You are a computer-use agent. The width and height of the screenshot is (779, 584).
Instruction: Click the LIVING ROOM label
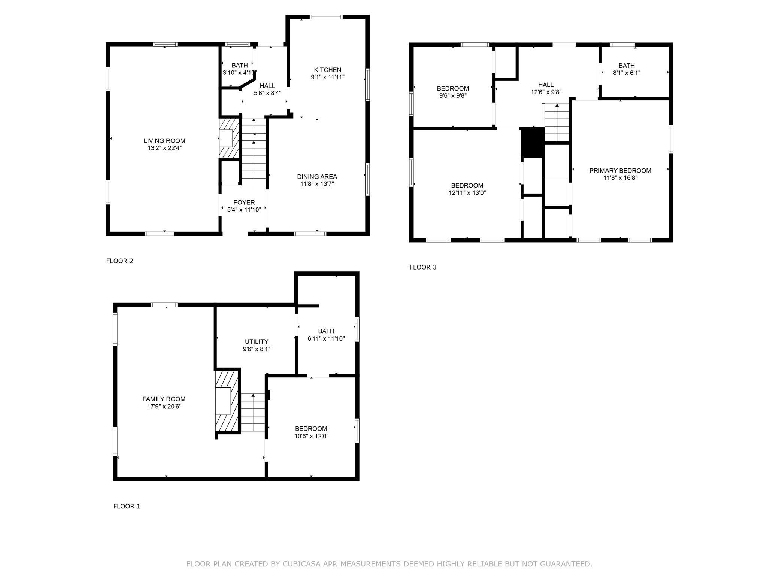pos(164,141)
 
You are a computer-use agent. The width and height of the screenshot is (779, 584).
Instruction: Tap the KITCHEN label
pos(327,70)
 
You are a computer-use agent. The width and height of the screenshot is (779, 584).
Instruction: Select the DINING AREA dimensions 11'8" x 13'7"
pos(317,184)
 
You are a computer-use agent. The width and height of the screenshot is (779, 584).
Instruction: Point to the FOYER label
pos(244,203)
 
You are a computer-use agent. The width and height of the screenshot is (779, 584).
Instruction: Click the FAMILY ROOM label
pos(164,399)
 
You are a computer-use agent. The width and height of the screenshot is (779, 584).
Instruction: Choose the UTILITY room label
pos(257,341)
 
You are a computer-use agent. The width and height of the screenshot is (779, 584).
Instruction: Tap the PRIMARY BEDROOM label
pos(620,171)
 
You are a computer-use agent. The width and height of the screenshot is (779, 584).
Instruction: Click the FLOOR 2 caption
pos(120,261)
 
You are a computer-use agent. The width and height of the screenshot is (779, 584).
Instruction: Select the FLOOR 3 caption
pos(423,267)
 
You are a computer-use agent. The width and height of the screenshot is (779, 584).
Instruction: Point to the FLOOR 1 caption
pos(127,506)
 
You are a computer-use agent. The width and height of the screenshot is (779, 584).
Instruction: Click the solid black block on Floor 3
pos(532,143)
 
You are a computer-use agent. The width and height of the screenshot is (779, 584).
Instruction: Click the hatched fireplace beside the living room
pos(229,138)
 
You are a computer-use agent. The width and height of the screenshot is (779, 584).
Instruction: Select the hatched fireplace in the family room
pos(227,401)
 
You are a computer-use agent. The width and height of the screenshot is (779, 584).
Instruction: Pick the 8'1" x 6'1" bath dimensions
pos(627,73)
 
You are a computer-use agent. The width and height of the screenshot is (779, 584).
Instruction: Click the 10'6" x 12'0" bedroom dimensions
pos(311,436)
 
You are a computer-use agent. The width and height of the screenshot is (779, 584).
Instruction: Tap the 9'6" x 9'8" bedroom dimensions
pos(453,95)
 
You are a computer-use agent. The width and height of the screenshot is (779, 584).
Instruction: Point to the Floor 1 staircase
pos(253,413)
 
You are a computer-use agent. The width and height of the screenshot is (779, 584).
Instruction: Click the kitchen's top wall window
pos(326,16)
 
